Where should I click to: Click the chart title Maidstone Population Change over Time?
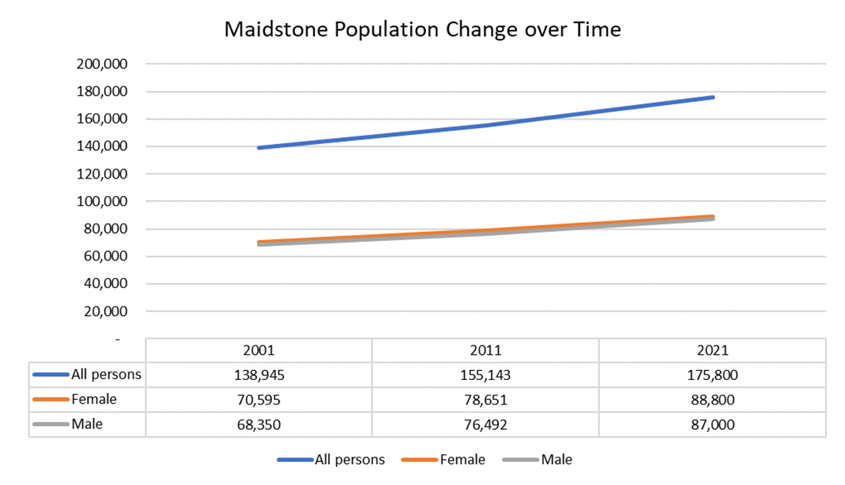pos(422,30)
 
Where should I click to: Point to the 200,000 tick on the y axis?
pos(103,64)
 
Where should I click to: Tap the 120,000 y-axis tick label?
pos(103,174)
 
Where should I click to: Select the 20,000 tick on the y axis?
pos(106,311)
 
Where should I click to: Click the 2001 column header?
pos(258,350)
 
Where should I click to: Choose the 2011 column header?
pos(485,350)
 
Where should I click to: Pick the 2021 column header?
pos(712,350)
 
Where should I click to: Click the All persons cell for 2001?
pos(258,375)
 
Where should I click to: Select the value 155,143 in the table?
pos(485,375)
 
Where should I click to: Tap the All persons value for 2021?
pos(712,375)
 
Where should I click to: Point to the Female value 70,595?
pos(258,400)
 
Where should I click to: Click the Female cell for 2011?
pos(485,400)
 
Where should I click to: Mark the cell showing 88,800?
pos(712,400)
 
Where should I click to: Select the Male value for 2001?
pos(258,424)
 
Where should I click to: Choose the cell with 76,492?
pos(485,424)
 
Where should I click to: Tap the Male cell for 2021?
pos(712,424)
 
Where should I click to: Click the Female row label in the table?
pos(93,399)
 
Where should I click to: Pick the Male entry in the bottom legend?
pos(556,460)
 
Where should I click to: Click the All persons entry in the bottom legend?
pos(349,460)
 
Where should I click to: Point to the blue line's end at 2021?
pos(712,97)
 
